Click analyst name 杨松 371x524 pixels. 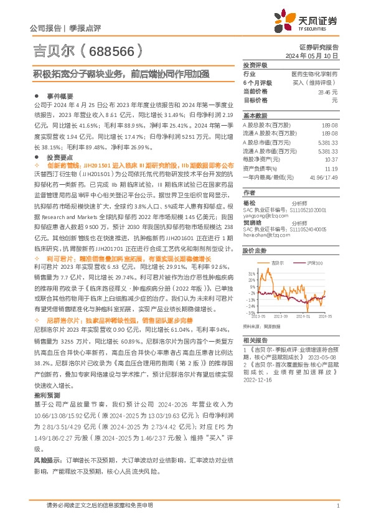point(249,203)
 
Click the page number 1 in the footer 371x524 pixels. point(337,506)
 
